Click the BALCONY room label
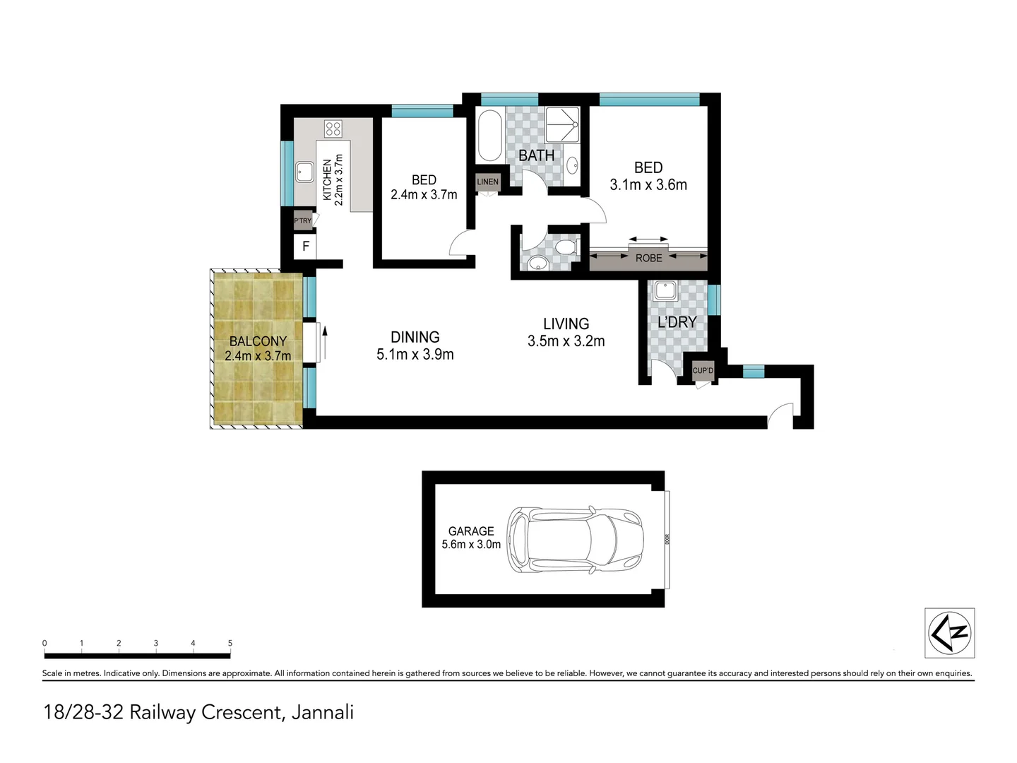(x=258, y=341)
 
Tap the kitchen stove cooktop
(x=333, y=129)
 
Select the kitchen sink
(x=304, y=172)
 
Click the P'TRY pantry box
(x=302, y=220)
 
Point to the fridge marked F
(x=306, y=247)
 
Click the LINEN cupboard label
(x=487, y=182)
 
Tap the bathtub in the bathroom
(x=489, y=136)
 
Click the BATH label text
(x=536, y=155)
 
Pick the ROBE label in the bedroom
(x=648, y=259)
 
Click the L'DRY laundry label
(x=677, y=322)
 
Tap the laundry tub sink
(x=665, y=290)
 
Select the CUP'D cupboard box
(x=703, y=370)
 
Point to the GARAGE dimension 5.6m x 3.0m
(x=471, y=545)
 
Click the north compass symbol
(x=950, y=633)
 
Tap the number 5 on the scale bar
(x=230, y=643)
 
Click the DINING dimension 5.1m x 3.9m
(x=415, y=355)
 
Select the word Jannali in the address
(x=323, y=712)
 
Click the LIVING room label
(x=566, y=324)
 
